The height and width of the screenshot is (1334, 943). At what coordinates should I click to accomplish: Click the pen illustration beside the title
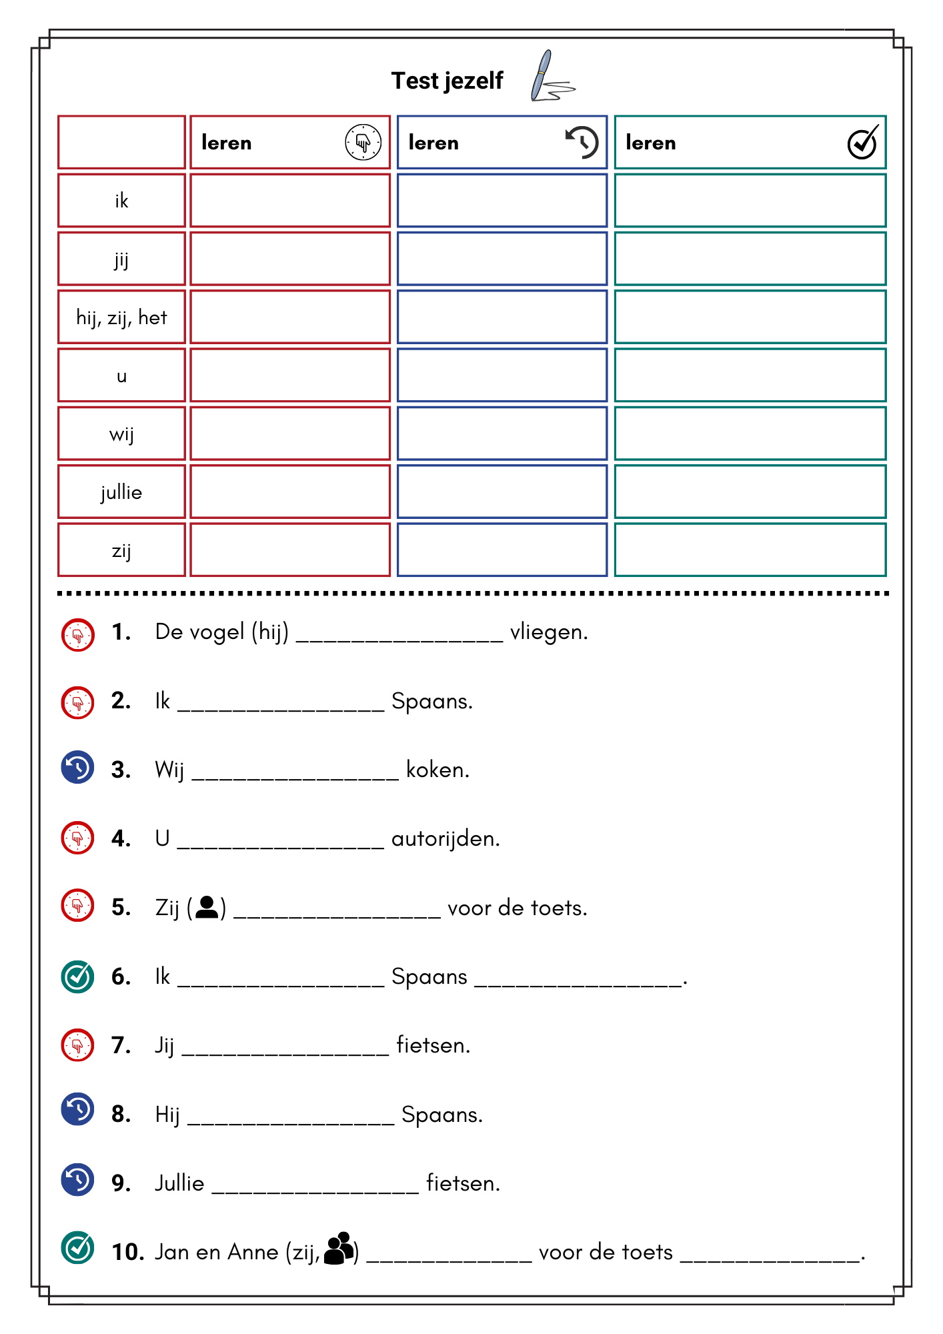[551, 77]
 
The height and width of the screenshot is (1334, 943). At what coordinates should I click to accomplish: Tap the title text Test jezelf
[447, 81]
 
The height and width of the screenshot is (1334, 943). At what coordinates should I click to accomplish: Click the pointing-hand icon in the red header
[363, 142]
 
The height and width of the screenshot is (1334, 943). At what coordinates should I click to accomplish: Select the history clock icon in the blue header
[582, 142]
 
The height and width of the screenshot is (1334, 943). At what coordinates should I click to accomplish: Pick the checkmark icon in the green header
[862, 142]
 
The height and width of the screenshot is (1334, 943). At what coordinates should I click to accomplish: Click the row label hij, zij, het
[121, 317]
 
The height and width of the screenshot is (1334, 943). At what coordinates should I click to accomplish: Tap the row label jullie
[121, 492]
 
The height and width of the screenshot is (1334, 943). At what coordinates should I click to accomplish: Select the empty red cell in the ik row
[290, 201]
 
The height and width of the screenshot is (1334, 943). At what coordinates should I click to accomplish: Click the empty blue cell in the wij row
[502, 434]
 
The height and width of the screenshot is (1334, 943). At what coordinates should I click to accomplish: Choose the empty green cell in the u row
[750, 376]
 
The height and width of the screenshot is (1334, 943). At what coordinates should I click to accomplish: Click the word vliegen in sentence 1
[548, 632]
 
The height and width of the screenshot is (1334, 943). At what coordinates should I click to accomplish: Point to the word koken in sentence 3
[437, 770]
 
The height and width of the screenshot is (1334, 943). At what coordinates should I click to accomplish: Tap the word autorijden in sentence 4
[445, 838]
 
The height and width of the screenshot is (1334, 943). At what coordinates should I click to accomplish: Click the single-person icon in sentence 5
[207, 907]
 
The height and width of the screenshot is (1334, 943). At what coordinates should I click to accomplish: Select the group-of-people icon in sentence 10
[339, 1248]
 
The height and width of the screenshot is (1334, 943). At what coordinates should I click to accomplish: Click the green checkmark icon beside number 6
[77, 976]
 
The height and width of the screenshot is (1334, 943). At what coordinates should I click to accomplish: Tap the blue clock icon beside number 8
[77, 1109]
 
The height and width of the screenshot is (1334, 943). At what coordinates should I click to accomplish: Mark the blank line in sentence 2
[281, 708]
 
